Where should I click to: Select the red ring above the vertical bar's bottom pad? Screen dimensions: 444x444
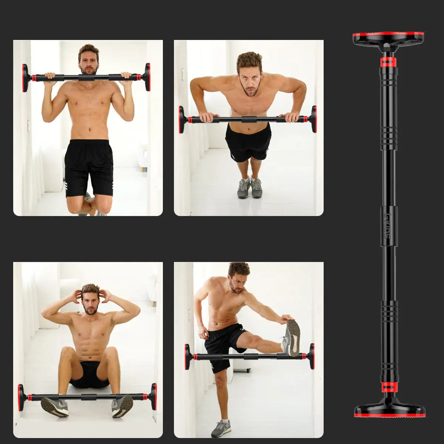[389, 387]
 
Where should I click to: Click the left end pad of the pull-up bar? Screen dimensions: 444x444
[25, 78]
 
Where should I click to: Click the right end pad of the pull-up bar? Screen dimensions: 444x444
[148, 77]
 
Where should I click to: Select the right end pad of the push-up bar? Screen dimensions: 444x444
[314, 119]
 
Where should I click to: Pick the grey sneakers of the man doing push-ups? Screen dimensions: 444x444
[250, 188]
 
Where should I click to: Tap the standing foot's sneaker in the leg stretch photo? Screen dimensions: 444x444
[221, 428]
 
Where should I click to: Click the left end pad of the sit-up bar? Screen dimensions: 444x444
[21, 397]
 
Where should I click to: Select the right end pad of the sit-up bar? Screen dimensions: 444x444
[154, 396]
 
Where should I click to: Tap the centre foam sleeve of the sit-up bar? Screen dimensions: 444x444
[88, 397]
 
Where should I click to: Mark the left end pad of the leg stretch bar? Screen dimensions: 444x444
[187, 357]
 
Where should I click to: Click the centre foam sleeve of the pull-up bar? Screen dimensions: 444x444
[86, 77]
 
